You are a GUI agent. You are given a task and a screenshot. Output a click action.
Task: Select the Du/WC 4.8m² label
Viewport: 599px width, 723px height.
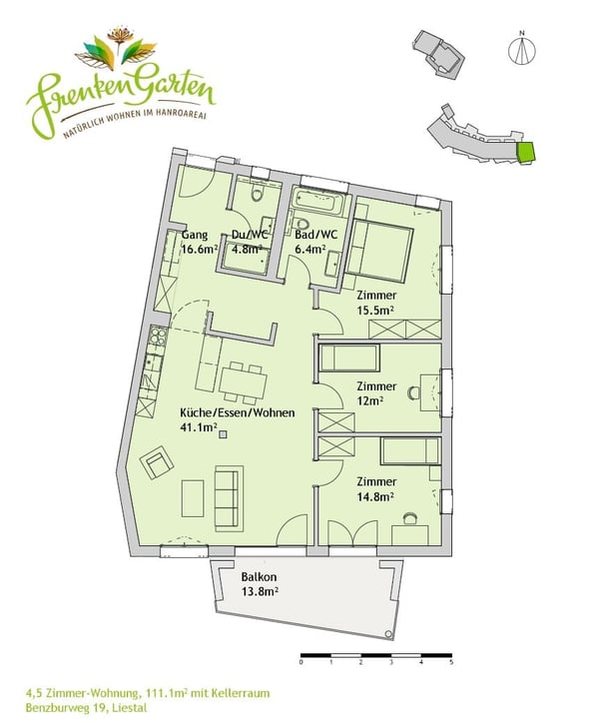(247, 243)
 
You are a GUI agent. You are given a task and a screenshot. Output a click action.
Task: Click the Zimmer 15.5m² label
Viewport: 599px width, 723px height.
(375, 304)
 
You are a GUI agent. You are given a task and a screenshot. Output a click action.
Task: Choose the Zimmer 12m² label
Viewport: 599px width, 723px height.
(376, 393)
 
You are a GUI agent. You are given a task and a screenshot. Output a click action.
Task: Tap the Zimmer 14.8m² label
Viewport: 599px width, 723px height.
(375, 486)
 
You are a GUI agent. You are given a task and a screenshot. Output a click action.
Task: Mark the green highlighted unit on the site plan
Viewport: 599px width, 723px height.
(525, 153)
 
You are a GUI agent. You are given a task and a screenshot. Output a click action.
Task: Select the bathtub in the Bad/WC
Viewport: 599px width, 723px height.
(319, 205)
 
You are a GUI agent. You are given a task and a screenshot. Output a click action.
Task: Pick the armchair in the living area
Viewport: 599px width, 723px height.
(158, 463)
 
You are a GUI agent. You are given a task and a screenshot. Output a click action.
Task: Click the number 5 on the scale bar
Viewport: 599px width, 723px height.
(451, 662)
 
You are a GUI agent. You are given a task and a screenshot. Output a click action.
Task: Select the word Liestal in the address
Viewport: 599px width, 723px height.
(128, 708)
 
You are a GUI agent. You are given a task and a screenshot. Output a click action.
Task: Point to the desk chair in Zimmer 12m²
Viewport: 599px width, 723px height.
(412, 393)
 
